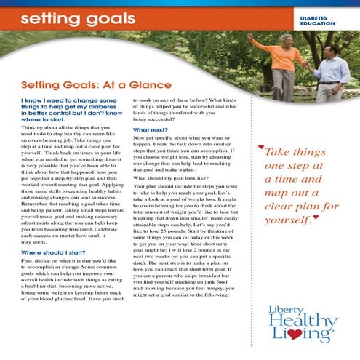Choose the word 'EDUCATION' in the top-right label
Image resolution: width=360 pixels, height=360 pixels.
click(317, 23)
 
